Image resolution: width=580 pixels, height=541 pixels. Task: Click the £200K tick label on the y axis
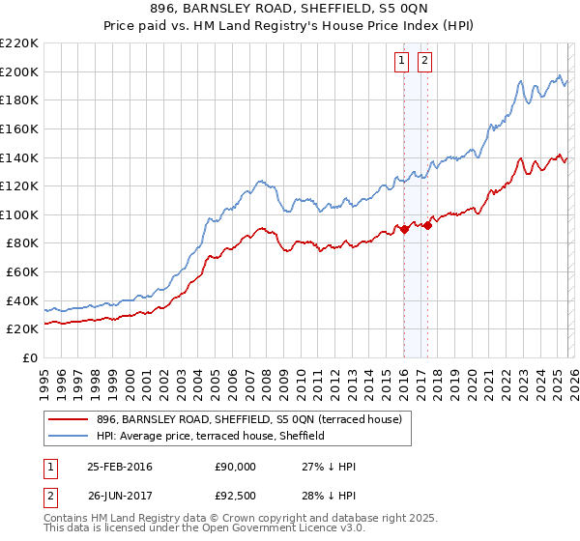click(19, 71)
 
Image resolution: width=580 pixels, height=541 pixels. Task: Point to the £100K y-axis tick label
click(19, 214)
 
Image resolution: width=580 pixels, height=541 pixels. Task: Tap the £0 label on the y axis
click(29, 357)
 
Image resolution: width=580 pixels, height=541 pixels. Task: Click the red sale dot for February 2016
click(404, 229)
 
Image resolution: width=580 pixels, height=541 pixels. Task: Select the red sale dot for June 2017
click(427, 226)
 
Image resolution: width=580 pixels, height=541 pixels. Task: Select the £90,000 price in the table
click(236, 467)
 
